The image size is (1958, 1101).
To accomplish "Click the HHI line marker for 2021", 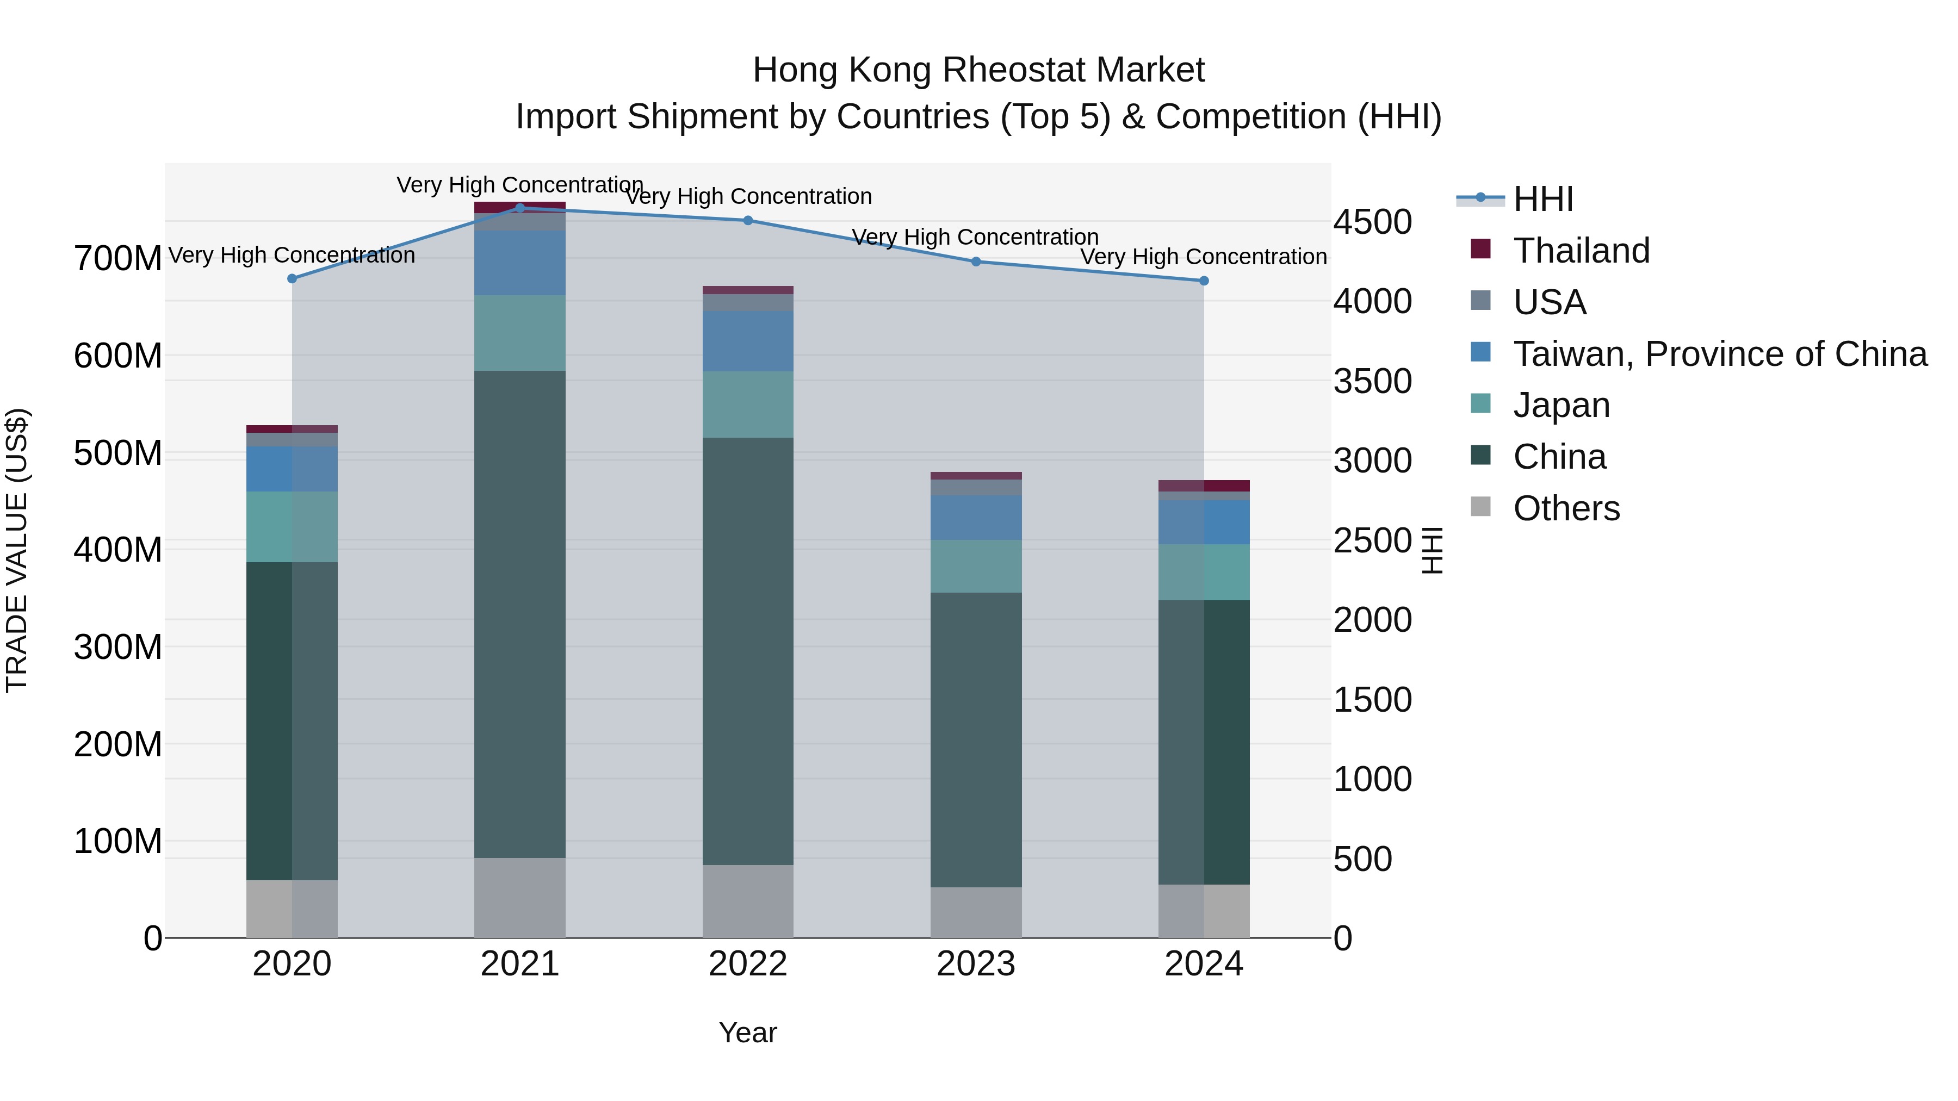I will point(520,208).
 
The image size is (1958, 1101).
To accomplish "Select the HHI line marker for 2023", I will point(976,262).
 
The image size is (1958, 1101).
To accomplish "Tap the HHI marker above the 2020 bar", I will point(292,278).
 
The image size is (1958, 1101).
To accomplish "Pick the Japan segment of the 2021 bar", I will point(520,333).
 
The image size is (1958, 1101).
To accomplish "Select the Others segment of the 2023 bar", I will point(976,912).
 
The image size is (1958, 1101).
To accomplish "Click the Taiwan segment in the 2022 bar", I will point(748,340).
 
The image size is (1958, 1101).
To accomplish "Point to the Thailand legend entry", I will point(1581,251).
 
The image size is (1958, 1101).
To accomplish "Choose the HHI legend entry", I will point(1543,199).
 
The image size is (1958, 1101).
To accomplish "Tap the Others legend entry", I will point(1566,508).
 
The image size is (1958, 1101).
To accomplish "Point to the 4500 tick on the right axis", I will point(1372,222).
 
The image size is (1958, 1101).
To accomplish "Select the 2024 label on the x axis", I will point(1204,964).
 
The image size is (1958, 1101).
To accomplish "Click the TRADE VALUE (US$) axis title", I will point(17,550).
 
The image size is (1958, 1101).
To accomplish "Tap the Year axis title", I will point(748,1032).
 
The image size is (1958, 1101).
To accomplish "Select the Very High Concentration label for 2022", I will point(748,196).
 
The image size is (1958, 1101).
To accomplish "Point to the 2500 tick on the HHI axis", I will point(1372,541).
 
